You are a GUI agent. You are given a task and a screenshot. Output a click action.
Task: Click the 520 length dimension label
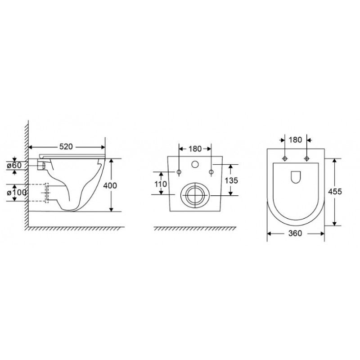point(66,147)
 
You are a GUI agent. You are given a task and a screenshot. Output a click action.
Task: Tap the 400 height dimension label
point(110,185)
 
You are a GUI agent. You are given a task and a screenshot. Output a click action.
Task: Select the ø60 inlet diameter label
point(14,165)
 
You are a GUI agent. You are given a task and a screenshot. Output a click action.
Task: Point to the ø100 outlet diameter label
point(17,193)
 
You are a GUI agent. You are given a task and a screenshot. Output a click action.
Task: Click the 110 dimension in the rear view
point(161,184)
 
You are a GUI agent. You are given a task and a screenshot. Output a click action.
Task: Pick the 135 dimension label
point(231,180)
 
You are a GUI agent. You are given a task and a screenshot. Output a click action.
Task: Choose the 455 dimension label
point(335,191)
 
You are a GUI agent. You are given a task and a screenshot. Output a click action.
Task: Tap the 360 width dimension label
point(295,233)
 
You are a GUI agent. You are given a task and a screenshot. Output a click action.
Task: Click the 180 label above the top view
point(295,139)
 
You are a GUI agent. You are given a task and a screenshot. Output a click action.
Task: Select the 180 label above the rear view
point(195,149)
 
